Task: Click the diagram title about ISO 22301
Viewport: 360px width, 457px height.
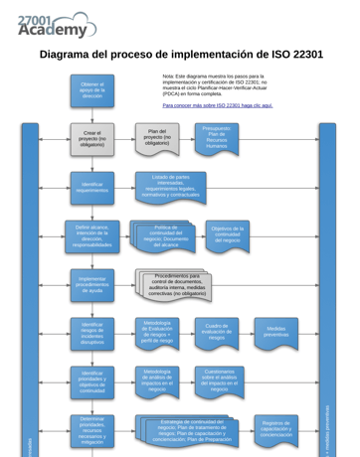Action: point(181,55)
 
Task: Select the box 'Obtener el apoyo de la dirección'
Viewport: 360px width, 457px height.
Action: point(92,90)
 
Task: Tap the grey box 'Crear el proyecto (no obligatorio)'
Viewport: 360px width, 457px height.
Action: point(92,137)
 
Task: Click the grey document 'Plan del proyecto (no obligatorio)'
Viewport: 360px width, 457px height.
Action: point(157,137)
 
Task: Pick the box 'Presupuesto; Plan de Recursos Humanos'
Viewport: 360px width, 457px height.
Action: point(216,137)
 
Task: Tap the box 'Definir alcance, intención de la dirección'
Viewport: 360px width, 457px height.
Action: point(92,235)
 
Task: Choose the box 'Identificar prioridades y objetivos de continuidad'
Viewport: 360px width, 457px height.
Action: point(92,382)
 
